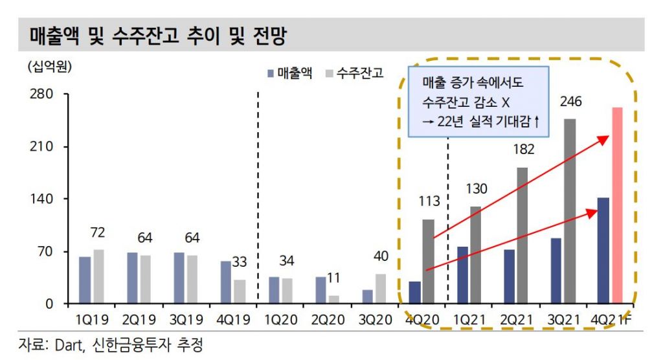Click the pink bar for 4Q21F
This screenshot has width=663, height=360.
[617, 205]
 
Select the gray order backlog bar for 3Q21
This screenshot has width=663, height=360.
[569, 211]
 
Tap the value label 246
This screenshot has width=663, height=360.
[571, 102]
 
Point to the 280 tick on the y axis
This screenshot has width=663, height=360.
[40, 95]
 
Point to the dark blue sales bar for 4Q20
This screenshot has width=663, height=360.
[414, 292]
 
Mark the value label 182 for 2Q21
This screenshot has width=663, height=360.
[523, 150]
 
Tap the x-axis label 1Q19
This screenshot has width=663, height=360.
[91, 320]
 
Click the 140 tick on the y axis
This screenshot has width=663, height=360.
[40, 199]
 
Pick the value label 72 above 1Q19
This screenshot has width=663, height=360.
[98, 232]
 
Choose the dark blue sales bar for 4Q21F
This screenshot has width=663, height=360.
[603, 251]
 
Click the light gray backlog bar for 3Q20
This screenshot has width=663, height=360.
[381, 288]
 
